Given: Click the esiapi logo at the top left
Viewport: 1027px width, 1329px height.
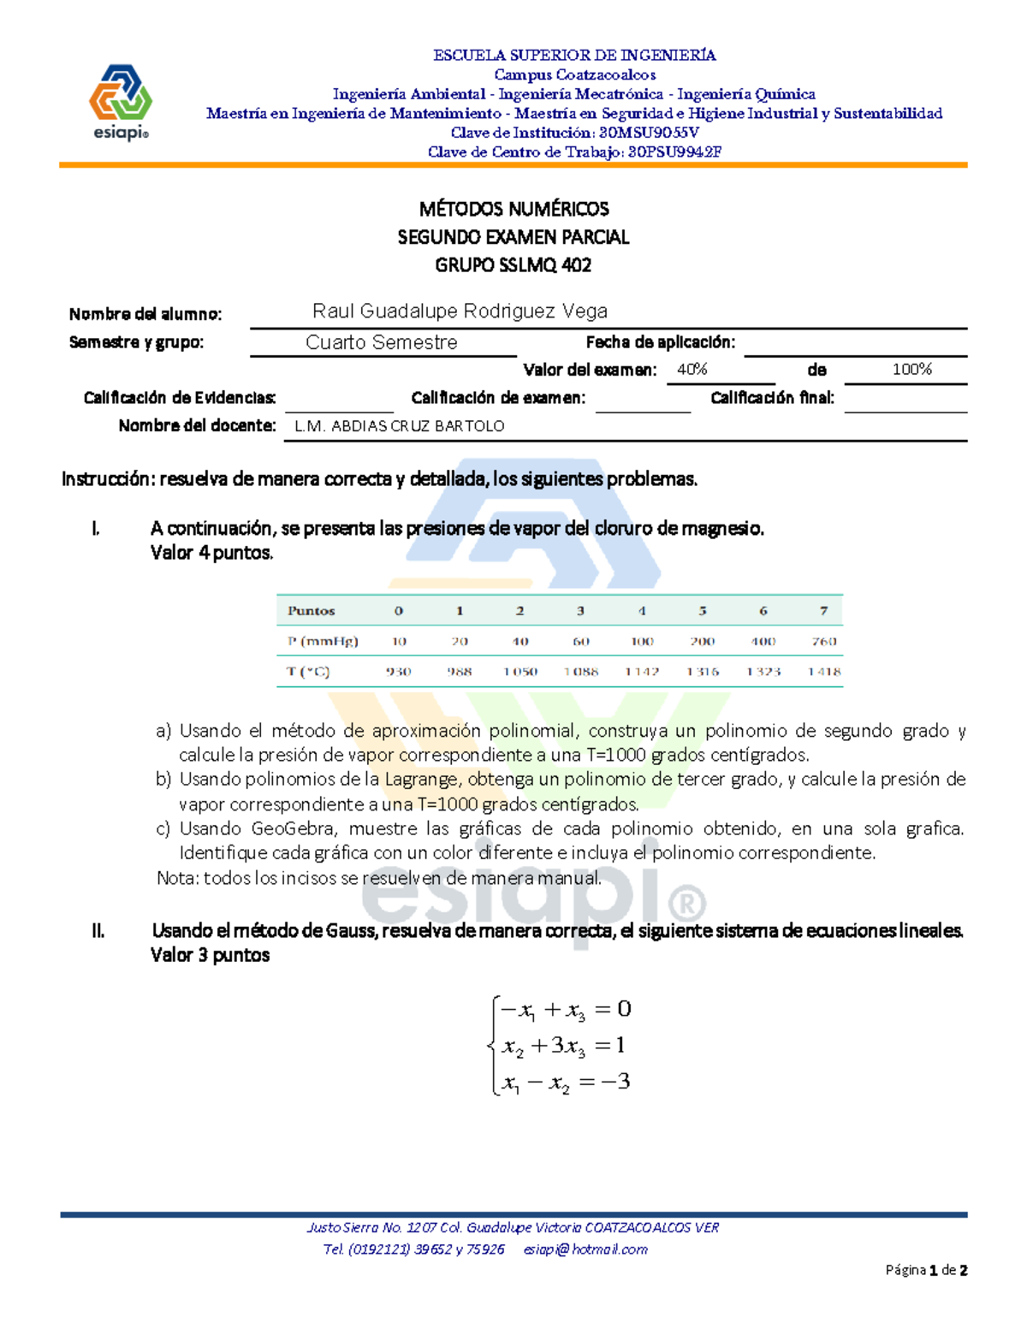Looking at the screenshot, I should (121, 102).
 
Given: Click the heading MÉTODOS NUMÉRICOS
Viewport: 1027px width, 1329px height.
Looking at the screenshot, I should (513, 209).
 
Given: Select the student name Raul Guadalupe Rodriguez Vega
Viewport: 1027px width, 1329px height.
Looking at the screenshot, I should (460, 311).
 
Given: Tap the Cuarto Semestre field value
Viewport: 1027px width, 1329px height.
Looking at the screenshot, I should (381, 342).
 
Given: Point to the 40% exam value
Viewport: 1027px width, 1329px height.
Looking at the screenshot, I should (692, 370).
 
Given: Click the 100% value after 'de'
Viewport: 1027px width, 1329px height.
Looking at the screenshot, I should (911, 370).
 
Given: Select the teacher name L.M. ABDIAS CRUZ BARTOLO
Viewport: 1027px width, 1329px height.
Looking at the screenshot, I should (399, 426).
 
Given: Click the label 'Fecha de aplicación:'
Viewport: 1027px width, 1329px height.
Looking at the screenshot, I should (660, 342).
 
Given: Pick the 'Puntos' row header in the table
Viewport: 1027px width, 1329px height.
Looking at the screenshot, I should (312, 611).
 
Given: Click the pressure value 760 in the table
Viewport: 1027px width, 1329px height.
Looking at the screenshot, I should (823, 641).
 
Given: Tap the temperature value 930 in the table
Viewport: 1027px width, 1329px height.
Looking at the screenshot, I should (399, 672).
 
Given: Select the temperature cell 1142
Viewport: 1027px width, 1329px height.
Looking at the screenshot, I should (641, 672).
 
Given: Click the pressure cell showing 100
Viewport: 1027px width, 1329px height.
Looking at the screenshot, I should (641, 641).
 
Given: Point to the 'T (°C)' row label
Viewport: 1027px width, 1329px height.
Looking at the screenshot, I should (308, 672).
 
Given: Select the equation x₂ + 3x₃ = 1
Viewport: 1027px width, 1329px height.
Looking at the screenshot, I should (565, 1046).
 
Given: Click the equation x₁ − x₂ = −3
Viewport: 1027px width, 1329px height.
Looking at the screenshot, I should (565, 1083).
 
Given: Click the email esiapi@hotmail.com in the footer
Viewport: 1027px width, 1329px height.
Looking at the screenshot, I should (585, 1249).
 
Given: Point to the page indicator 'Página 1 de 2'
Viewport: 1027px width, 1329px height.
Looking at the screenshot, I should (926, 1271).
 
